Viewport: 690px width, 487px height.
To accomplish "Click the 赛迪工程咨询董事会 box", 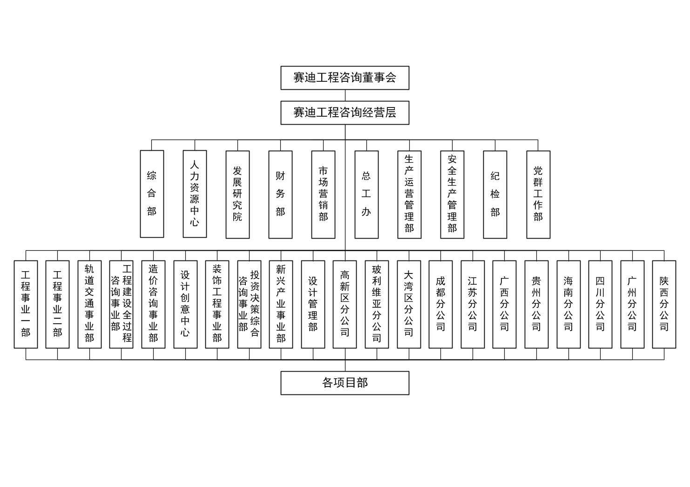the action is (345, 78).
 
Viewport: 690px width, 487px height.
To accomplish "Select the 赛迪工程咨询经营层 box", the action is (345, 113).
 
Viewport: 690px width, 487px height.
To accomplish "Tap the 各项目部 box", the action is (345, 383).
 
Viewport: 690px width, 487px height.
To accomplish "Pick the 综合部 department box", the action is (152, 194).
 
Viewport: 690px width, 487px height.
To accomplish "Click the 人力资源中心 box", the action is (195, 194).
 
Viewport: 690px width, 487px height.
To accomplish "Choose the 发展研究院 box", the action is (237, 194).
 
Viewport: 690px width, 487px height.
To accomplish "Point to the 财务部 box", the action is (280, 194).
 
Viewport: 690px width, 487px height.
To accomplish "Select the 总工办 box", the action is (366, 194).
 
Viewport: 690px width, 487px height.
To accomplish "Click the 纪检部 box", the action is (495, 194).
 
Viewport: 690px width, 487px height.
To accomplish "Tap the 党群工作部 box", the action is (538, 194).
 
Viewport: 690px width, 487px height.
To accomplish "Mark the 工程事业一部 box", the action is (26, 304).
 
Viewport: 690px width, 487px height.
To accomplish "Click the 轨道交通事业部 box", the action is (90, 304).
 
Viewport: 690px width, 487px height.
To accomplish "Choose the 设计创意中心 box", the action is (185, 304).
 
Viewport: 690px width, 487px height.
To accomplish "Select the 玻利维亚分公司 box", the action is (377, 304).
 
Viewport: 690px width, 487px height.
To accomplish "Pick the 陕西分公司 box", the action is (664, 304).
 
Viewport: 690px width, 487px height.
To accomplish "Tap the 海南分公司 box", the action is (568, 304).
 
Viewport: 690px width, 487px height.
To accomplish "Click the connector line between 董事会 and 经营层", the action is (345, 95).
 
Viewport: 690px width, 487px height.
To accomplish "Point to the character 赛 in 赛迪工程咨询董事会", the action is (299, 78).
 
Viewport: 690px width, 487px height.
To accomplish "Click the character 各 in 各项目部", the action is (327, 383).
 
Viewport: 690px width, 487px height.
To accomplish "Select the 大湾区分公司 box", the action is (409, 304).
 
